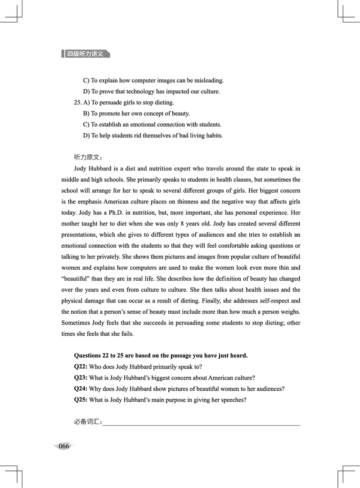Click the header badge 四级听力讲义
coord(85,54)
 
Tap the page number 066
coord(64,446)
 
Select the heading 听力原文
coord(88,157)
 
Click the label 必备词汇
coord(88,422)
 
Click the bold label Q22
coord(81,367)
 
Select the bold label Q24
coord(81,389)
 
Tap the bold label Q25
coord(81,399)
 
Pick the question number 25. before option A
coord(78,103)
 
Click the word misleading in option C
coord(208,81)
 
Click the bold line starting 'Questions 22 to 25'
coord(161,356)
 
